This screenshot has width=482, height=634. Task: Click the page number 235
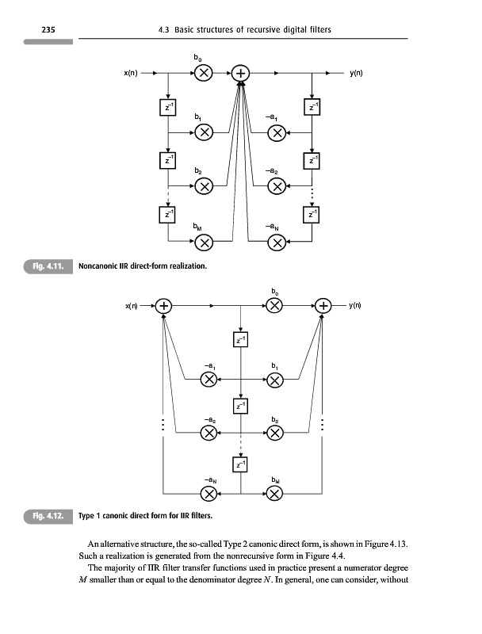coord(47,29)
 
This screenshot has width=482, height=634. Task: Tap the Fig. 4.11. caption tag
coord(49,266)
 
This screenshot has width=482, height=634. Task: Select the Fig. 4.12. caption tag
coord(49,517)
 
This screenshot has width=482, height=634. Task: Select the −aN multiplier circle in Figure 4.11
coord(276,242)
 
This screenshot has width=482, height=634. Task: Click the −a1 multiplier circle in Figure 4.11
coord(276,132)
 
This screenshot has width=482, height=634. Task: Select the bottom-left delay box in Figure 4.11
coord(167,213)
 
